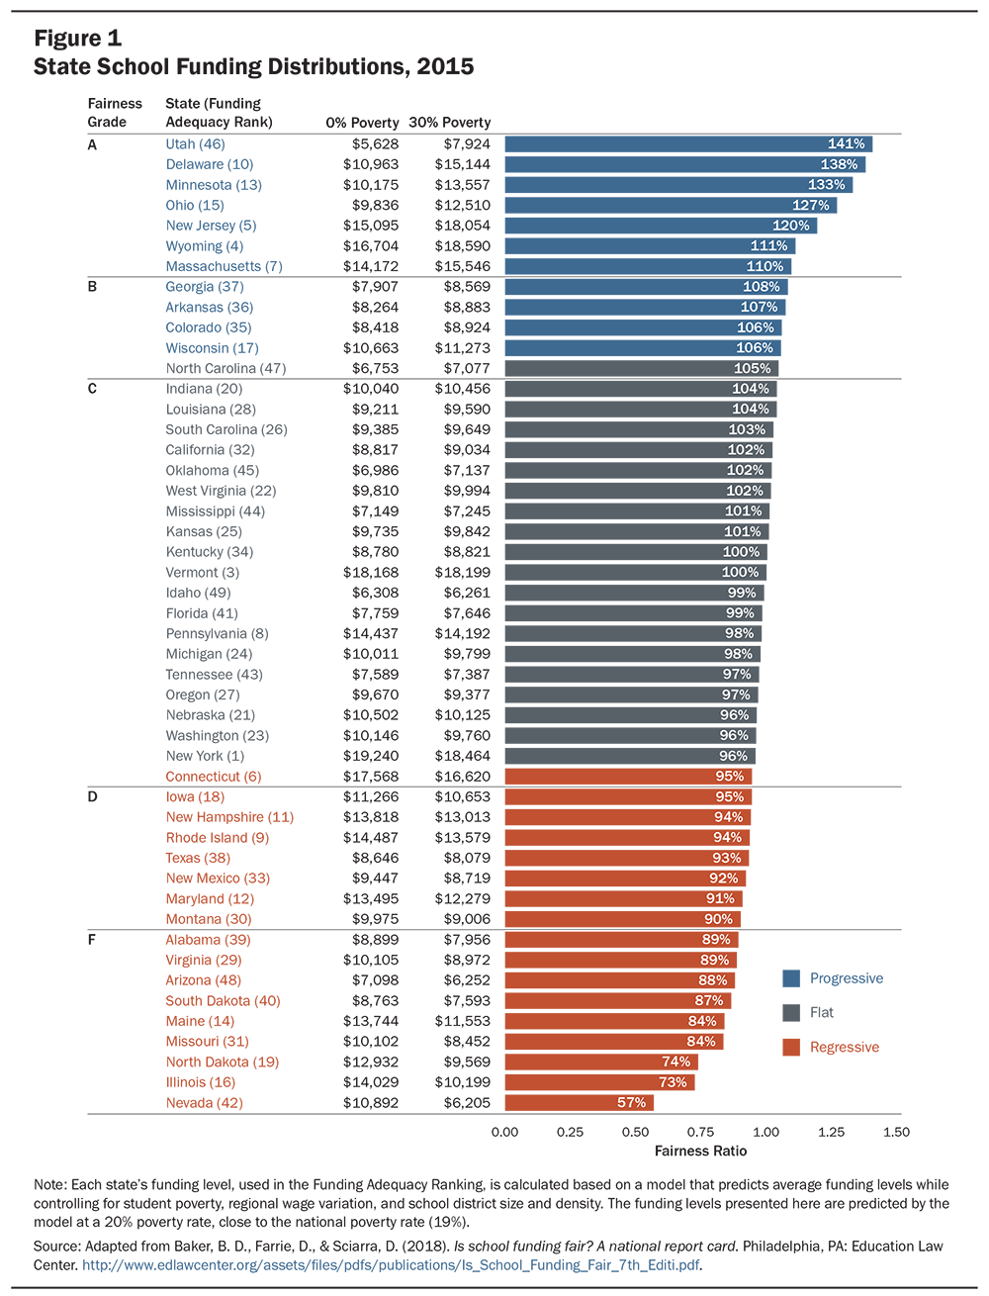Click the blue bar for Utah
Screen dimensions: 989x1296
pos(688,144)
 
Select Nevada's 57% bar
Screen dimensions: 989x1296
pos(579,1102)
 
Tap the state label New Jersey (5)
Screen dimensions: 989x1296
pos(211,226)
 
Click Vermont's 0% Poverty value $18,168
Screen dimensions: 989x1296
pos(371,572)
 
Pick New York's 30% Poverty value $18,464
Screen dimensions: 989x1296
pos(462,756)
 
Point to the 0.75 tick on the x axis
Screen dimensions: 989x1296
pos(700,1132)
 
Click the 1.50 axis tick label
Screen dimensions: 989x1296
pos(896,1132)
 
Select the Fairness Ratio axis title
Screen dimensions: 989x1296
pos(700,1151)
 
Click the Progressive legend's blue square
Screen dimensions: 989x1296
pos(791,978)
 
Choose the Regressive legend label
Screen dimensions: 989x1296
pos(845,1047)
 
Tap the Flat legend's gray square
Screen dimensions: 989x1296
pos(791,1013)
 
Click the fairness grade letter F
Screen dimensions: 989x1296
pos(91,940)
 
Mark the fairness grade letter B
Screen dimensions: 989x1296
pos(92,286)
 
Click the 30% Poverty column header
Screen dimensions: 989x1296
pos(450,123)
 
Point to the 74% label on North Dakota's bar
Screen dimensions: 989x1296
pos(675,1062)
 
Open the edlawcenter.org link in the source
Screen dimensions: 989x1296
pos(390,1264)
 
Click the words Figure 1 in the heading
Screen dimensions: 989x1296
pos(78,39)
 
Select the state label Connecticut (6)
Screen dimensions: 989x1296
pos(213,777)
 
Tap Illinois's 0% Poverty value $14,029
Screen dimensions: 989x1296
pos(371,1082)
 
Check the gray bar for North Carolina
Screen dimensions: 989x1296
pos(642,368)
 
